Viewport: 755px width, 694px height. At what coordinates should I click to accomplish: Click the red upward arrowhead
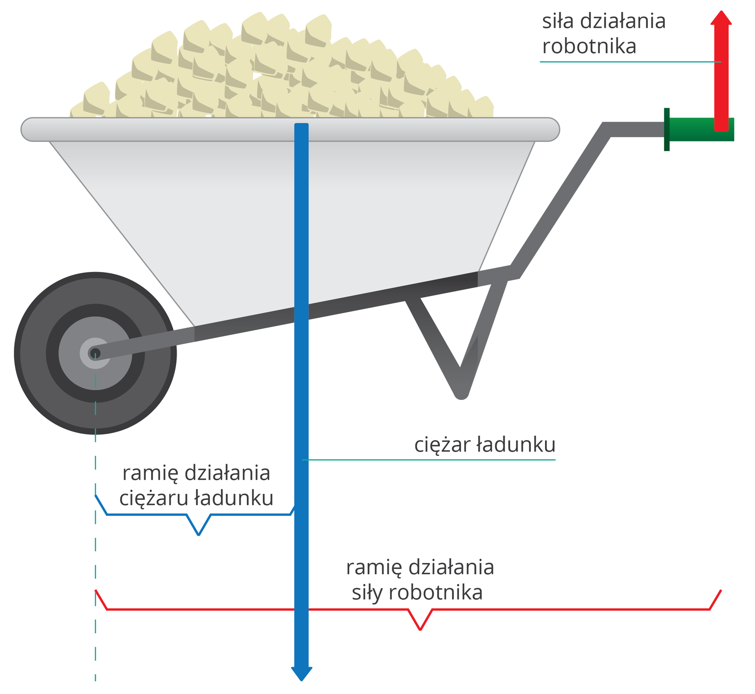[721, 18]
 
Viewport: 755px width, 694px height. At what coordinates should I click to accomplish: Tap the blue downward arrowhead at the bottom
[302, 673]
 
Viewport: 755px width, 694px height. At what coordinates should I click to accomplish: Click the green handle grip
[694, 130]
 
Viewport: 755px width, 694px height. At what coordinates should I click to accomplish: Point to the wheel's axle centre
[95, 353]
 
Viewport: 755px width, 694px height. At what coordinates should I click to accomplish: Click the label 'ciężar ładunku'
[485, 445]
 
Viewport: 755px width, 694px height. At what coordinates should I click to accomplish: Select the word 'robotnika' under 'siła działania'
[589, 46]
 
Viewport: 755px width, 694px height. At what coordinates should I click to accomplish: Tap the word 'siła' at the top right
[558, 21]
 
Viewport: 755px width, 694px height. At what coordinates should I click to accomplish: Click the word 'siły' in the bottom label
[367, 593]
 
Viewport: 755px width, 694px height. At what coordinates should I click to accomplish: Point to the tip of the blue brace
[198, 534]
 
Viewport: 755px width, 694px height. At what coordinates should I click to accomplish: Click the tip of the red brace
[420, 629]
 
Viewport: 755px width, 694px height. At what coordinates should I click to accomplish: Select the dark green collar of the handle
[666, 129]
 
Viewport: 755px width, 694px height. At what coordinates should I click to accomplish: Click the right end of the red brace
[721, 591]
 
